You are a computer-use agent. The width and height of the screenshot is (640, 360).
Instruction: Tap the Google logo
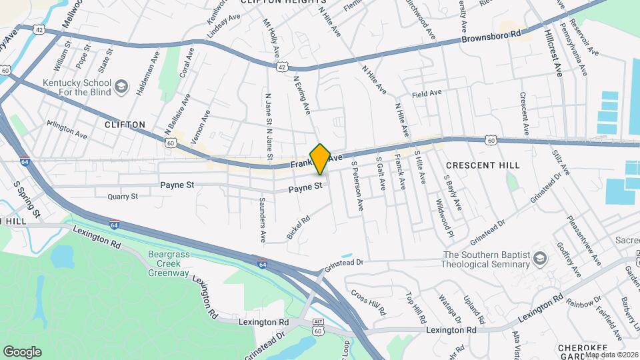tap(22, 351)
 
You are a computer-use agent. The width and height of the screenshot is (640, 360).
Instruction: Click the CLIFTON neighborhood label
tap(125, 125)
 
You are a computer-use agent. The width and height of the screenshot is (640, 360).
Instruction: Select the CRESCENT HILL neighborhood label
tap(482, 165)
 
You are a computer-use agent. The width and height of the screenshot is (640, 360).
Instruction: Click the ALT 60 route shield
tap(317, 327)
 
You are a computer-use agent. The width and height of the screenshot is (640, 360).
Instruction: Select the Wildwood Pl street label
tap(441, 217)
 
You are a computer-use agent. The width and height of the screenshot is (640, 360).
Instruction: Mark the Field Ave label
tap(427, 94)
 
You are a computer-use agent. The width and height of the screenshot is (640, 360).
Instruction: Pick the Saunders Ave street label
tap(263, 219)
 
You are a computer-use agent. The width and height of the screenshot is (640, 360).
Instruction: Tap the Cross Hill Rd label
tap(368, 302)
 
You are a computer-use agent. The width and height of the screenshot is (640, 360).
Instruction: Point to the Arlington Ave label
tap(67, 129)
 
